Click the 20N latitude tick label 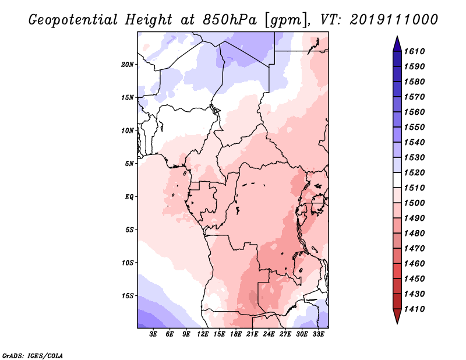128,64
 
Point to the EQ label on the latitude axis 129,197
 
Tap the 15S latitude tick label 128,296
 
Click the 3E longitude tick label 154,334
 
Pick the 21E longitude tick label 252,334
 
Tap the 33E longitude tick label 318,334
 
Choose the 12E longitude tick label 203,334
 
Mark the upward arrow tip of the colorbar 396,38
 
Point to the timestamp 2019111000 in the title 394,20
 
